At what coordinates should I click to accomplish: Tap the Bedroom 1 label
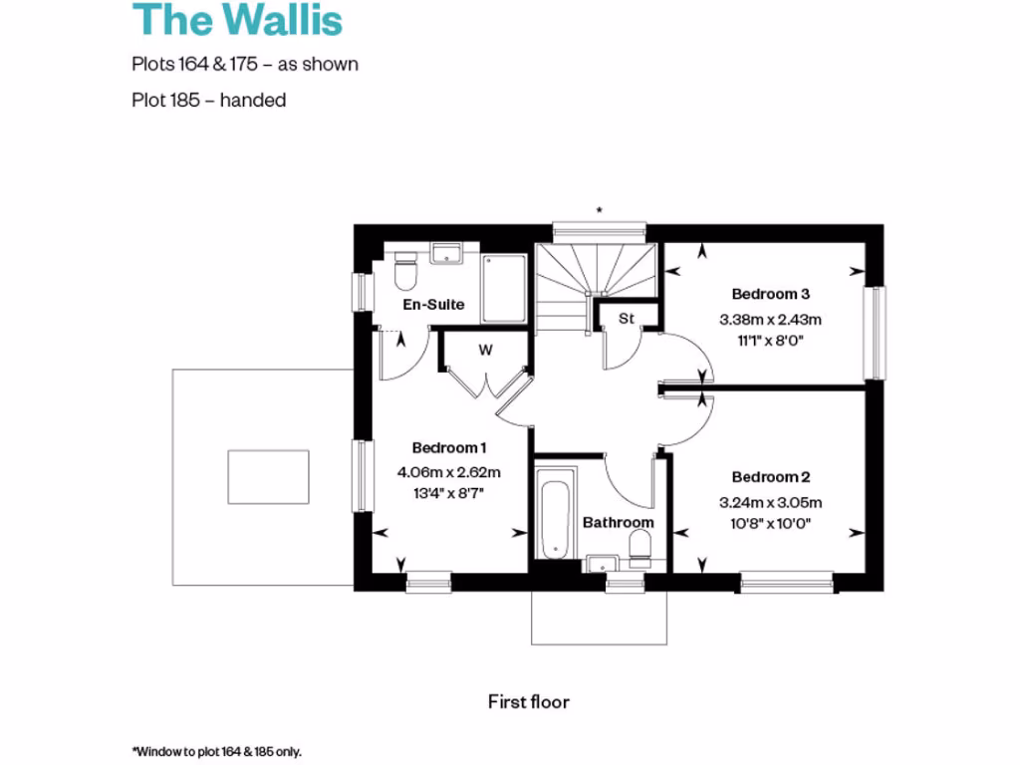coord(449,447)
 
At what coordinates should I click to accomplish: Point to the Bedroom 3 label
coord(771,294)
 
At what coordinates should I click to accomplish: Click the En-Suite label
coord(433,304)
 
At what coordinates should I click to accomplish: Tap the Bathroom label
coord(619,522)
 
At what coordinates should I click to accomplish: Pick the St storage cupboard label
coord(627,319)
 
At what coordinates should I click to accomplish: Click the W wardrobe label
coord(486,350)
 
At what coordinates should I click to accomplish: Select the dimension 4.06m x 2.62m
coord(449,471)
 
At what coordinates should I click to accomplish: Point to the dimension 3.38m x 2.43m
coord(771,320)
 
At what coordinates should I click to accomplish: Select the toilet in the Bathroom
coord(640,547)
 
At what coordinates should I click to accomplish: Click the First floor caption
coord(529,702)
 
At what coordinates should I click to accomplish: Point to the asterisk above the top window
coord(599,210)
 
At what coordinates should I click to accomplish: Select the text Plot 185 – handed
coord(209,100)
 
